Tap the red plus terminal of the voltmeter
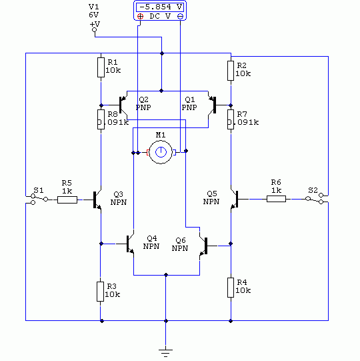click(140, 16)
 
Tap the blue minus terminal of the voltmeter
click(181, 16)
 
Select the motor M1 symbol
click(161, 152)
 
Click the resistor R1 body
click(101, 67)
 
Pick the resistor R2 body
click(231, 71)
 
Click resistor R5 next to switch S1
click(67, 200)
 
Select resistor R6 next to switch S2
click(276, 199)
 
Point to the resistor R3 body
click(100, 292)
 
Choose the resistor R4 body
click(231, 288)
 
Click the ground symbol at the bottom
click(165, 353)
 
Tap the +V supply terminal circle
click(94, 30)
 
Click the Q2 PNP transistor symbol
click(123, 105)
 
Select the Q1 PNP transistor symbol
click(212, 105)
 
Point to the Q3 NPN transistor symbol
click(97, 200)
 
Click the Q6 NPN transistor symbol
click(203, 246)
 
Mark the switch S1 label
click(39, 190)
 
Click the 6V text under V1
click(93, 15)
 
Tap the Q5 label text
click(211, 194)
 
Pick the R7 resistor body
click(231, 119)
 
